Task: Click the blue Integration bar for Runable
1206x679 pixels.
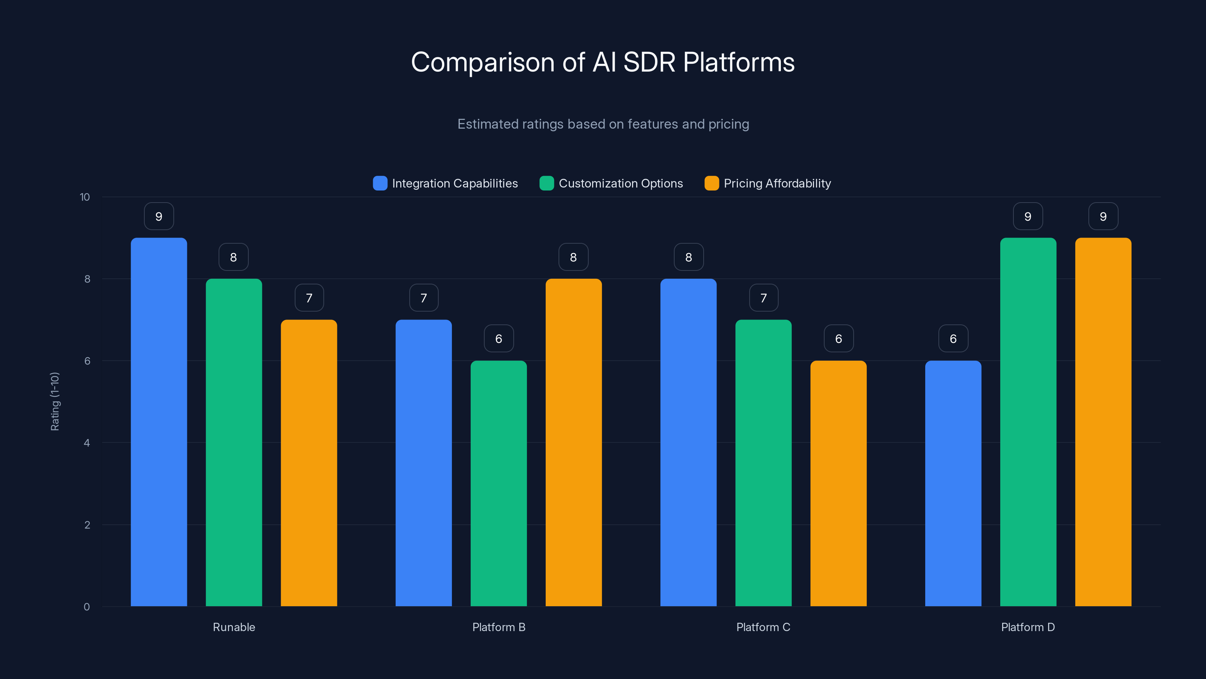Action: [159, 422]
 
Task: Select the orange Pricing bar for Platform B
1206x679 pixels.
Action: [574, 442]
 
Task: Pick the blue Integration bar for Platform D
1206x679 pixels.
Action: [953, 483]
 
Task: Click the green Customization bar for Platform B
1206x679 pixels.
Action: [499, 483]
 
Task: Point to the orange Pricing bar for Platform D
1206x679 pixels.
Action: [1103, 422]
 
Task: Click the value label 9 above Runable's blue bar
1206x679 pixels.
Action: [159, 217]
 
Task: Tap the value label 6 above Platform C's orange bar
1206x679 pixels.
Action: [839, 339]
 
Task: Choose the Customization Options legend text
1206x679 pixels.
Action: [621, 183]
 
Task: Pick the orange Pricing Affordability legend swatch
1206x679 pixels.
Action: [712, 183]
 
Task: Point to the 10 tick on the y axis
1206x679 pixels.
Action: [85, 197]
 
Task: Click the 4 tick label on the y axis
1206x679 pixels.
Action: [87, 443]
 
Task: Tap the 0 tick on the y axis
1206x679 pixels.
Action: [87, 607]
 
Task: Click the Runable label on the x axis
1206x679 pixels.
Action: [234, 627]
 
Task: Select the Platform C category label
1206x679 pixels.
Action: [763, 627]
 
